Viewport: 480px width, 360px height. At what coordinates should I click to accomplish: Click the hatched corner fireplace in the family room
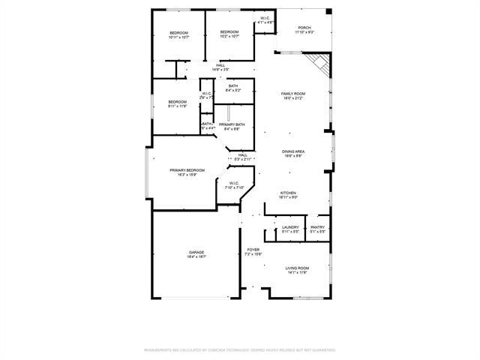(x=320, y=65)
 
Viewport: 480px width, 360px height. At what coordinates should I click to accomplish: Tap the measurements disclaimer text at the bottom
(x=240, y=349)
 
